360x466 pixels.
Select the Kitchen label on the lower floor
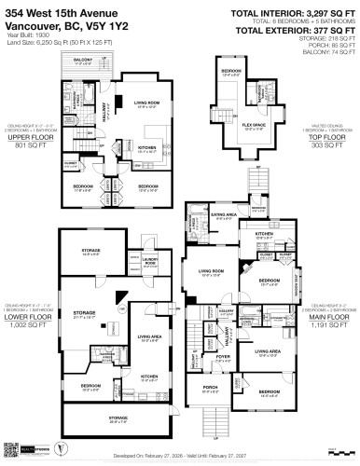149,377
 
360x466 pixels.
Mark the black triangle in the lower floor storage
120,296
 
